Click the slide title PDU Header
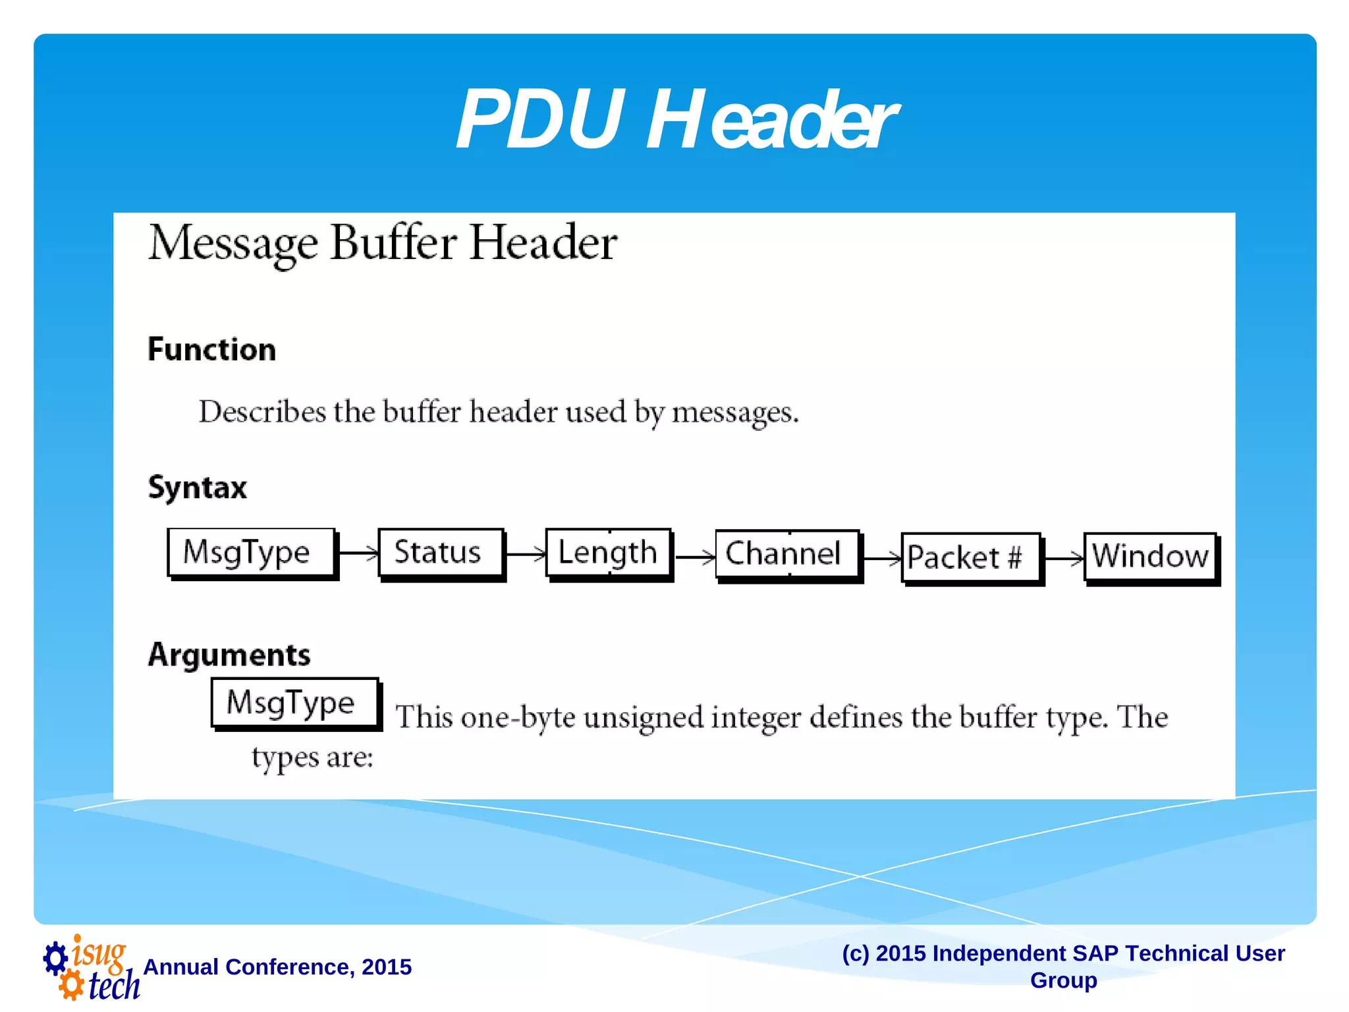pyautogui.click(x=676, y=120)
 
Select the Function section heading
pyautogui.click(x=211, y=349)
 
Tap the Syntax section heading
pyautogui.click(x=198, y=488)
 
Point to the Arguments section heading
pyautogui.click(x=229, y=655)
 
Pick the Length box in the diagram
pyautogui.click(x=608, y=553)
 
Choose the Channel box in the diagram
pyautogui.click(x=787, y=554)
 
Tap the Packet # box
pyautogui.click(x=970, y=557)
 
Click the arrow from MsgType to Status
pyautogui.click(x=358, y=552)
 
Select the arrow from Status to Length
pyautogui.click(x=526, y=553)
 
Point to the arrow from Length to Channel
pyautogui.click(x=694, y=557)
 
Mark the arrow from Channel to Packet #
pyautogui.click(x=881, y=559)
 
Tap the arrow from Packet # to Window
pyautogui.click(x=1063, y=559)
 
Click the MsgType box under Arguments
pyautogui.click(x=295, y=702)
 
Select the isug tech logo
pyautogui.click(x=91, y=967)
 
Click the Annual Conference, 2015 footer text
pyautogui.click(x=277, y=967)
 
